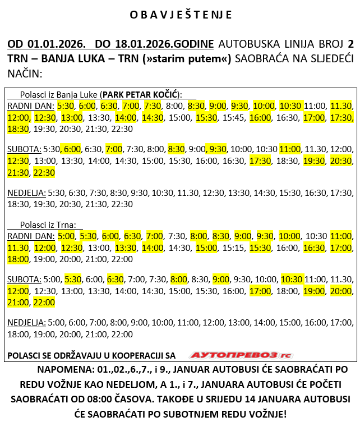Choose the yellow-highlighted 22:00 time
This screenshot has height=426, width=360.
pos(44,302)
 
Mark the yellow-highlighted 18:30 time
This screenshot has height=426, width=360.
pos(18,129)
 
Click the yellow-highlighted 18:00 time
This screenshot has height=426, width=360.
pos(18,259)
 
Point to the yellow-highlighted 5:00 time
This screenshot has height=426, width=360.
pos(66,236)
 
